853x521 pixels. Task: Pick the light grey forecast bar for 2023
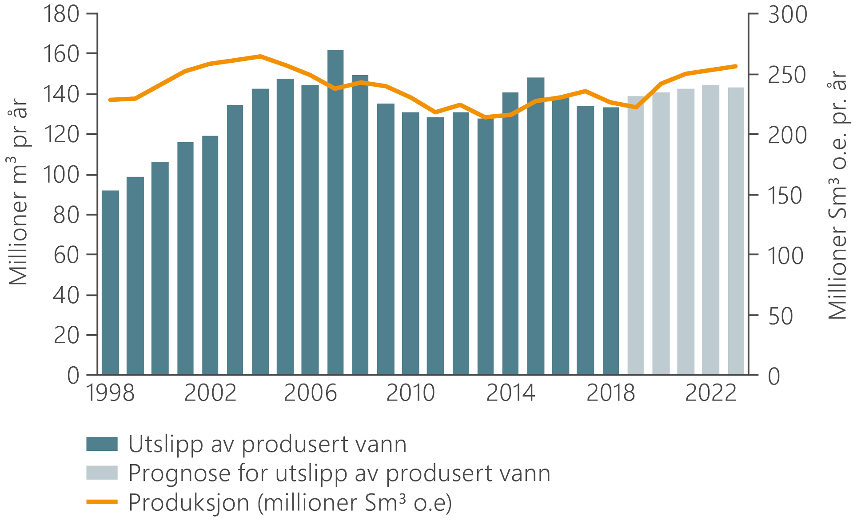(x=736, y=231)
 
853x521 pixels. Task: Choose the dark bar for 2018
(x=611, y=240)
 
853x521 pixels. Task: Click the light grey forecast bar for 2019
(x=636, y=235)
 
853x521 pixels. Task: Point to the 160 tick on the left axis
(x=61, y=54)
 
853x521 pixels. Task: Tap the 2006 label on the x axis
(x=310, y=393)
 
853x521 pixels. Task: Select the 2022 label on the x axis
(x=711, y=393)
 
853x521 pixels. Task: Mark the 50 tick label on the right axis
(x=781, y=317)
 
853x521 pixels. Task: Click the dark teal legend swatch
(x=102, y=444)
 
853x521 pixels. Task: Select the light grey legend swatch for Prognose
(x=102, y=473)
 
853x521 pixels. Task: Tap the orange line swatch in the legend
(x=102, y=502)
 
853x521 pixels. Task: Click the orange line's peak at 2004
(x=260, y=56)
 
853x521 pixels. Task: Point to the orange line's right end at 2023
(x=736, y=66)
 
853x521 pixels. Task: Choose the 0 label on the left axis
(x=73, y=376)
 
